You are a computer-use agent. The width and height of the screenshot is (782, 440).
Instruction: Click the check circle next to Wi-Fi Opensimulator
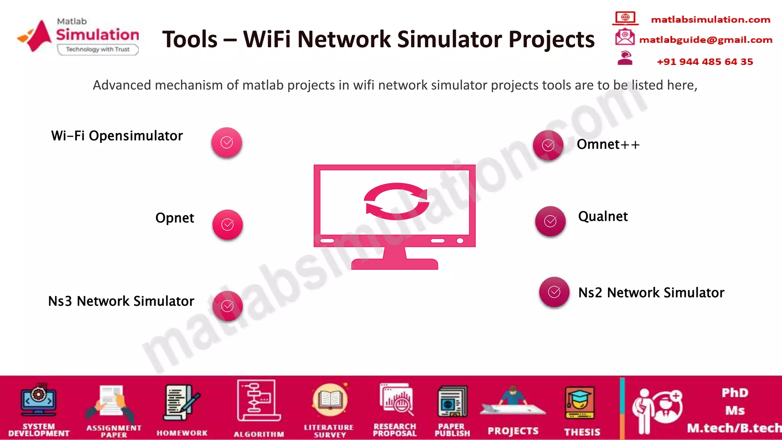point(227,142)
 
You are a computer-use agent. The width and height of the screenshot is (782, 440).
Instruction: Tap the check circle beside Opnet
point(228,225)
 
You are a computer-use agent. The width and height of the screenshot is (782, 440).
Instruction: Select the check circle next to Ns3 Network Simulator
point(228,306)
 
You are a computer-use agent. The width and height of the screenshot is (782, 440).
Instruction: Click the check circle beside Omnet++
point(548,145)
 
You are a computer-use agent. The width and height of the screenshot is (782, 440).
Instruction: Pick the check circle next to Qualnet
point(550,221)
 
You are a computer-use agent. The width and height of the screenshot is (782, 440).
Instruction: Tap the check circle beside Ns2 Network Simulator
point(554,292)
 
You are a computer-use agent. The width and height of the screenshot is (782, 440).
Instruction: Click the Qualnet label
point(603,217)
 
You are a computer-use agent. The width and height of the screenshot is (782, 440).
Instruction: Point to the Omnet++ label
point(608,144)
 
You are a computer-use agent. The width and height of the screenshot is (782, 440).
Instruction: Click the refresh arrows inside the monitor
point(396,201)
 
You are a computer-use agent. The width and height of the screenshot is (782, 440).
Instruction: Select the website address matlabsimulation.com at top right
point(710,19)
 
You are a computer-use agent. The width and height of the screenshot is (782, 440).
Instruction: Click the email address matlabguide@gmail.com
point(706,40)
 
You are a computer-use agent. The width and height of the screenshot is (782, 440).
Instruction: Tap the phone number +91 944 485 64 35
point(705,61)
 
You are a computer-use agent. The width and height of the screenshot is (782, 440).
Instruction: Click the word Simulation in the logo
point(98,35)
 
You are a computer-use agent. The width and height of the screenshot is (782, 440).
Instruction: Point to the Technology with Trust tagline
point(98,49)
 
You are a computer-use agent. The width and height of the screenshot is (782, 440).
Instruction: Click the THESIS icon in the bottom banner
point(580,403)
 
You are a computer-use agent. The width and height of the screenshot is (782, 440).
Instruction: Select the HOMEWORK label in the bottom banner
point(182,433)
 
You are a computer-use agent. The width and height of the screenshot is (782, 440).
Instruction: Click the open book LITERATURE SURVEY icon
point(330,400)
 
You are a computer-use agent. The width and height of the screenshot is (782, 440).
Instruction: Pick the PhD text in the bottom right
point(735,393)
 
